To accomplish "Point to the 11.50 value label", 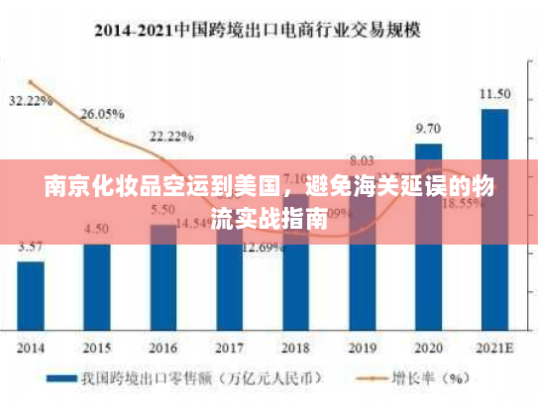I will click(494, 94).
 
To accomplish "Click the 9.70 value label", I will click(428, 129).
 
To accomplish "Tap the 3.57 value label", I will click(31, 247).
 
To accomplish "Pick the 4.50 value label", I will click(97, 229).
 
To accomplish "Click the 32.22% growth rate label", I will click(30, 101).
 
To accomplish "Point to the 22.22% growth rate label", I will click(171, 136).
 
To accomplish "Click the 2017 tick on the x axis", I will click(229, 350).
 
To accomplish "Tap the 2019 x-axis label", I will click(362, 350).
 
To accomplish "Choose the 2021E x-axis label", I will click(494, 350).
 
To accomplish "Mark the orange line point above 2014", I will click(31, 82).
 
